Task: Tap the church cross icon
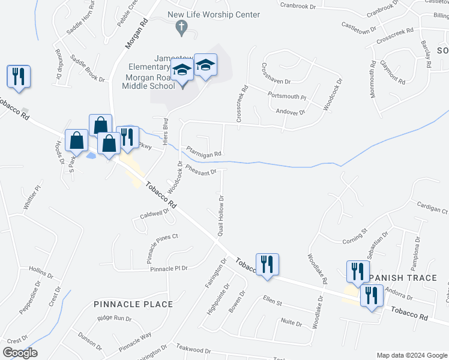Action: click(x=181, y=26)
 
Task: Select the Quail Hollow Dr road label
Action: click(x=220, y=215)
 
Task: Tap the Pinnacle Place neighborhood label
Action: click(x=133, y=304)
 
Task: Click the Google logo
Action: click(x=20, y=353)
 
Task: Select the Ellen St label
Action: click(x=272, y=299)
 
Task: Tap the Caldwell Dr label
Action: click(x=155, y=213)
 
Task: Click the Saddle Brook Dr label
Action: click(x=87, y=68)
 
